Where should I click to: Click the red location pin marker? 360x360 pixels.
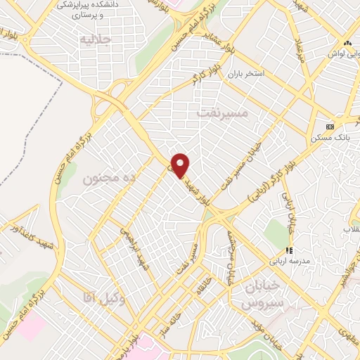coord(181,165)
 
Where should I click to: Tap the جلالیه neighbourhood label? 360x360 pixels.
coord(96,39)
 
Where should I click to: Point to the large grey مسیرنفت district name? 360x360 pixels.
coord(224,112)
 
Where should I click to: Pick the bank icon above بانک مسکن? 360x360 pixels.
coord(330,127)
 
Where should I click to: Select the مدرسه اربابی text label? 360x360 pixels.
coord(288,261)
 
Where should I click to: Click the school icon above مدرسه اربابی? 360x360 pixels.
coord(288,250)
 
